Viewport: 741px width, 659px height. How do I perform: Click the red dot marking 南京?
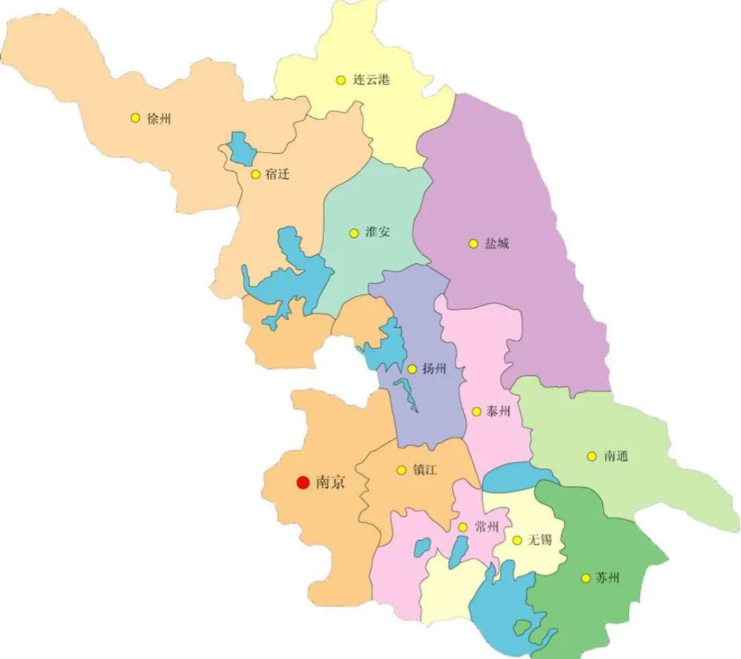coord(302,483)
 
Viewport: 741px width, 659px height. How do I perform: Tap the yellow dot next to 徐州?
coord(135,118)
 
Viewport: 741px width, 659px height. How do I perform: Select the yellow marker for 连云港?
coord(341,80)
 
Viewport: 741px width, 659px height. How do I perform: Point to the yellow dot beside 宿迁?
coord(255,175)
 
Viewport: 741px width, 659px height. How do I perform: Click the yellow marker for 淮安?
coord(354,233)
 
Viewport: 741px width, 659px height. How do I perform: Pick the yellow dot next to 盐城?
coord(472,243)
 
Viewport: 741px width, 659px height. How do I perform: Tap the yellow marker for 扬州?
coord(412,369)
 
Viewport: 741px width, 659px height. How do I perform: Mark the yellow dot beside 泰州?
coord(476,412)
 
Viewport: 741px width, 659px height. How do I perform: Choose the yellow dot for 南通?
coord(591,456)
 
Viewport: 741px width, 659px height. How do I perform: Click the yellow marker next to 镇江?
coord(401,470)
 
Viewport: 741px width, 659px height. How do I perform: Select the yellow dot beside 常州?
coord(463,528)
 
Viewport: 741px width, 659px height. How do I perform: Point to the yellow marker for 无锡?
coord(516,540)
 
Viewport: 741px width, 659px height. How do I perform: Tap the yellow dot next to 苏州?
coord(585,578)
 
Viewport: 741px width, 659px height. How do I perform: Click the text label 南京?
coord(330,483)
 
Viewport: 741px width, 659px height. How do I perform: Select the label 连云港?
coord(372,80)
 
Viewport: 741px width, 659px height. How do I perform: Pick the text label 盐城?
coord(497,243)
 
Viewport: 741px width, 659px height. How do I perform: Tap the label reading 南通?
coord(616,456)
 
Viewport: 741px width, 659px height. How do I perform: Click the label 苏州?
coord(608,578)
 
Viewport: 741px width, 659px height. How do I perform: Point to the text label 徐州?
coord(159,118)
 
